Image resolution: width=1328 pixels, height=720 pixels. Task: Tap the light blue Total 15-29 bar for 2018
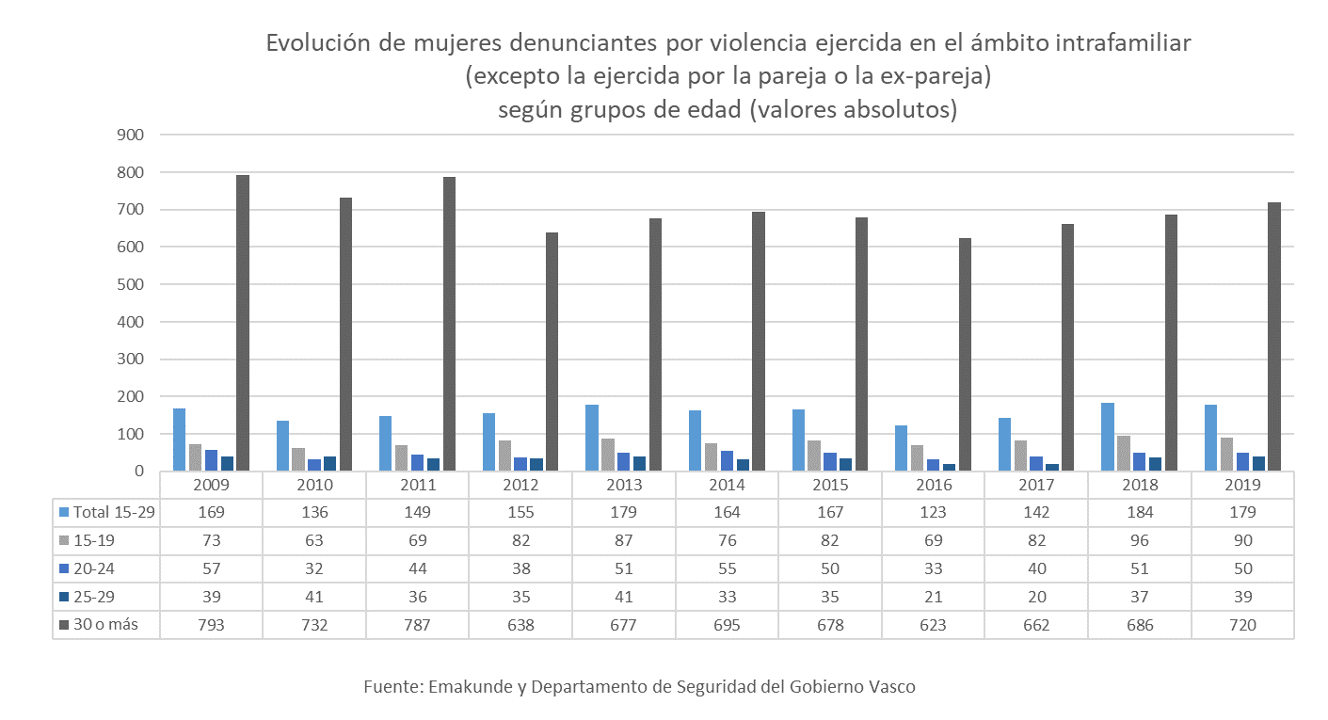[x=1108, y=437]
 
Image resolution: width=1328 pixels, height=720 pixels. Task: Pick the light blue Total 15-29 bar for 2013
[x=592, y=438]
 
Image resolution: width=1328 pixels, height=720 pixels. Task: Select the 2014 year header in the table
[x=727, y=486]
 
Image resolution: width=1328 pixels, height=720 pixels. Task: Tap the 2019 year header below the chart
[x=1242, y=486]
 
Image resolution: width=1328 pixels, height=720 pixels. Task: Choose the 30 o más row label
[x=105, y=625]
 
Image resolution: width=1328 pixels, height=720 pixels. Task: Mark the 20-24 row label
[x=99, y=568]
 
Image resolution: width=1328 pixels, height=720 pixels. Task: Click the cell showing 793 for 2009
[x=211, y=625]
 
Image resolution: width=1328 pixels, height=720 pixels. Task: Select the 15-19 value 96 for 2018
[x=1139, y=540]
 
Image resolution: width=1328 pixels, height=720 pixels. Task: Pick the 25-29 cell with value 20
[x=1036, y=597]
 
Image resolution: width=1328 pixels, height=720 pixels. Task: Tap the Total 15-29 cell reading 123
[x=933, y=513]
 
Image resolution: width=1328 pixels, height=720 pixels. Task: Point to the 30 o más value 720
[x=1242, y=625]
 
